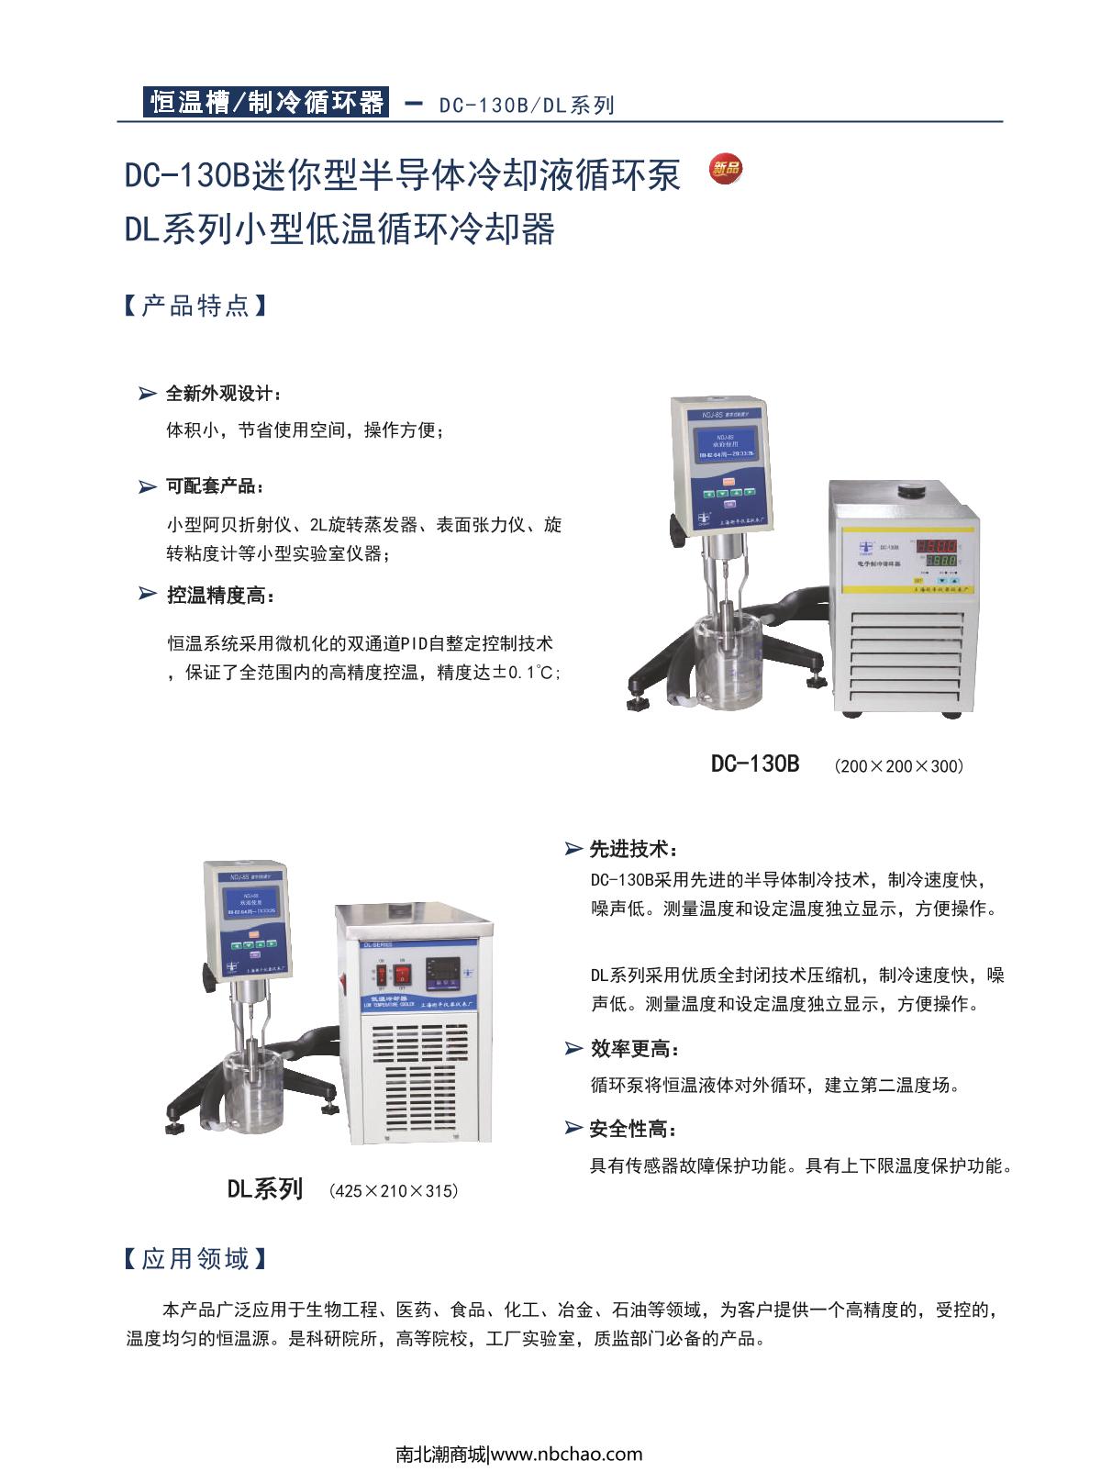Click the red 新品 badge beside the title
[725, 169]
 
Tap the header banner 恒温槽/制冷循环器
[267, 103]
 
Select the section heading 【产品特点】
[195, 306]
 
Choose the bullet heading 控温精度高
[220, 595]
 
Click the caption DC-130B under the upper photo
[755, 764]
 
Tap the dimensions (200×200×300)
[899, 765]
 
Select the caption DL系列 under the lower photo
[264, 1189]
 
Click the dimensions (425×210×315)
[394, 1191]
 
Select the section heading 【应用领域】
[195, 1258]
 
